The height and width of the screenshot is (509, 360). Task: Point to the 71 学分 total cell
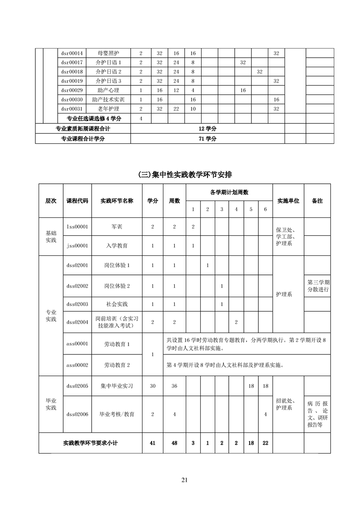click(x=207, y=139)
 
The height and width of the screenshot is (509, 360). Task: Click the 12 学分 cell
click(x=207, y=129)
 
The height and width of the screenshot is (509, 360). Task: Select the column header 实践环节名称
click(x=117, y=201)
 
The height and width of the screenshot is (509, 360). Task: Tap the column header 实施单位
click(x=288, y=201)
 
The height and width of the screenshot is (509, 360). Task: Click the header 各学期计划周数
click(x=229, y=192)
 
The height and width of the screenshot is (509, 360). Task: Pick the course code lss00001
click(x=77, y=226)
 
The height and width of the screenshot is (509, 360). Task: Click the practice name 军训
click(x=117, y=226)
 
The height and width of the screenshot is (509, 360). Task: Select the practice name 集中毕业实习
click(x=117, y=386)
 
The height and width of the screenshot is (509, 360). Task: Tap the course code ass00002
click(x=77, y=365)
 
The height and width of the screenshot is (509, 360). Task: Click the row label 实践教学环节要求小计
click(x=90, y=443)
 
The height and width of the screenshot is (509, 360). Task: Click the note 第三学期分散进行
click(x=318, y=286)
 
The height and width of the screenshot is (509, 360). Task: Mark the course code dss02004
click(x=77, y=322)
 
